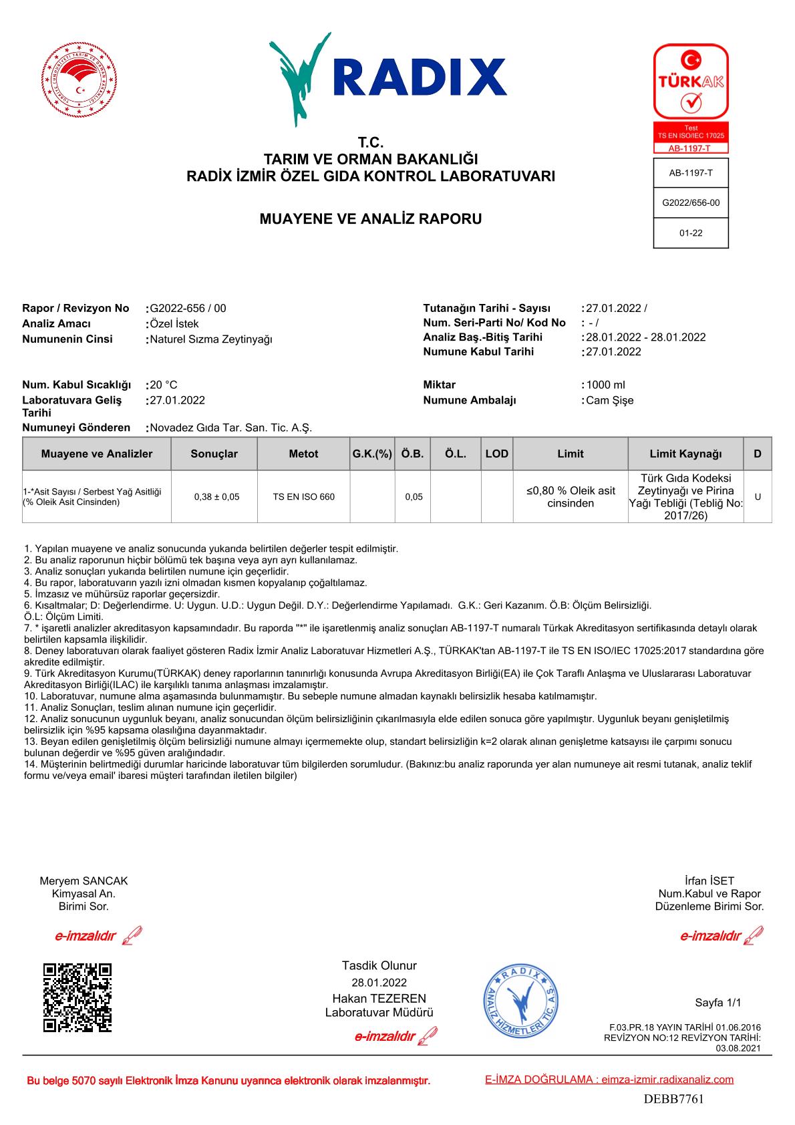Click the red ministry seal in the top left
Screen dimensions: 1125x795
tap(79, 83)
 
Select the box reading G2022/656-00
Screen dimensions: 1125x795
tap(691, 203)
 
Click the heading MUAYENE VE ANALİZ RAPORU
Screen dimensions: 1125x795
tap(370, 219)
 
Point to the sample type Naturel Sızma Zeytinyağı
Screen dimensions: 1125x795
tap(211, 339)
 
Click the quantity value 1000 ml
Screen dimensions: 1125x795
tap(605, 385)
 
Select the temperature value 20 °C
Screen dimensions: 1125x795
tap(164, 385)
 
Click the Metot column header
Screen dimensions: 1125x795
tap(303, 454)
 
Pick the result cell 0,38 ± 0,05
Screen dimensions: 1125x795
tap(216, 497)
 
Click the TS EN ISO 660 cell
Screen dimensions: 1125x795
tap(304, 497)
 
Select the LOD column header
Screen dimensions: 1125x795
tap(496, 454)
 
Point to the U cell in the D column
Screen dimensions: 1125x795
tap(758, 497)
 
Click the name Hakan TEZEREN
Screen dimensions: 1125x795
tap(379, 999)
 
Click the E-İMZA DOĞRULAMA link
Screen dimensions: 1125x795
tap(609, 1080)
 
